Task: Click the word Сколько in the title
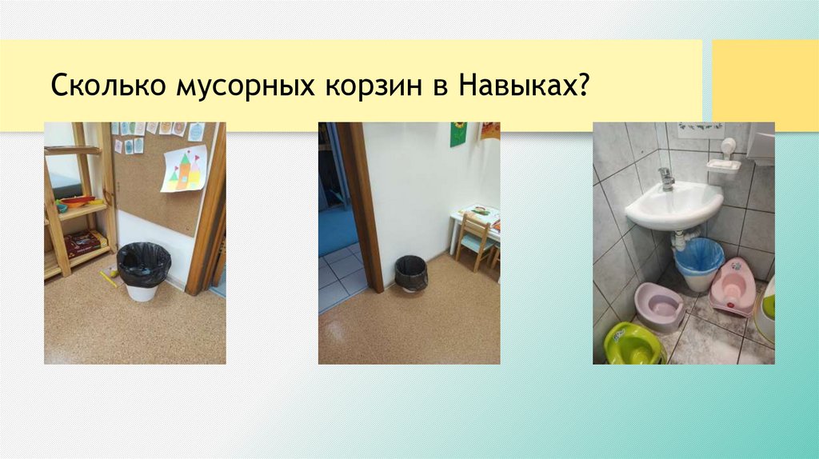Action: click(x=106, y=86)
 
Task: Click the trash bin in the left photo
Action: click(x=144, y=271)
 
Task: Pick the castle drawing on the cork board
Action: click(x=183, y=169)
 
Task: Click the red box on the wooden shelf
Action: click(x=83, y=241)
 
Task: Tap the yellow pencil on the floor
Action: click(x=108, y=278)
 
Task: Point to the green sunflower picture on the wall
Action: click(x=458, y=134)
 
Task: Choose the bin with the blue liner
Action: click(x=697, y=262)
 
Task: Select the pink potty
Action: click(x=733, y=285)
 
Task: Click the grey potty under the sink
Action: click(x=659, y=305)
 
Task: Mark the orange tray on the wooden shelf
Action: click(x=76, y=201)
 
